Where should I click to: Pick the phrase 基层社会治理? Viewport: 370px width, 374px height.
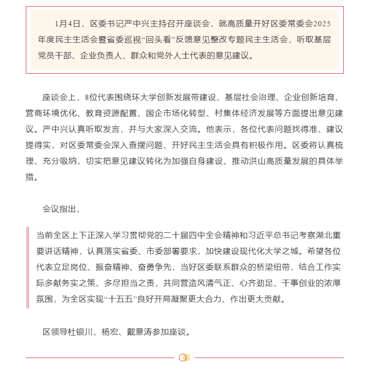coord(247,98)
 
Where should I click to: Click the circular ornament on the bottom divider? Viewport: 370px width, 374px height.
coord(185,358)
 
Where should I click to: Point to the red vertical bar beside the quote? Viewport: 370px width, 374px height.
coord(28,267)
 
